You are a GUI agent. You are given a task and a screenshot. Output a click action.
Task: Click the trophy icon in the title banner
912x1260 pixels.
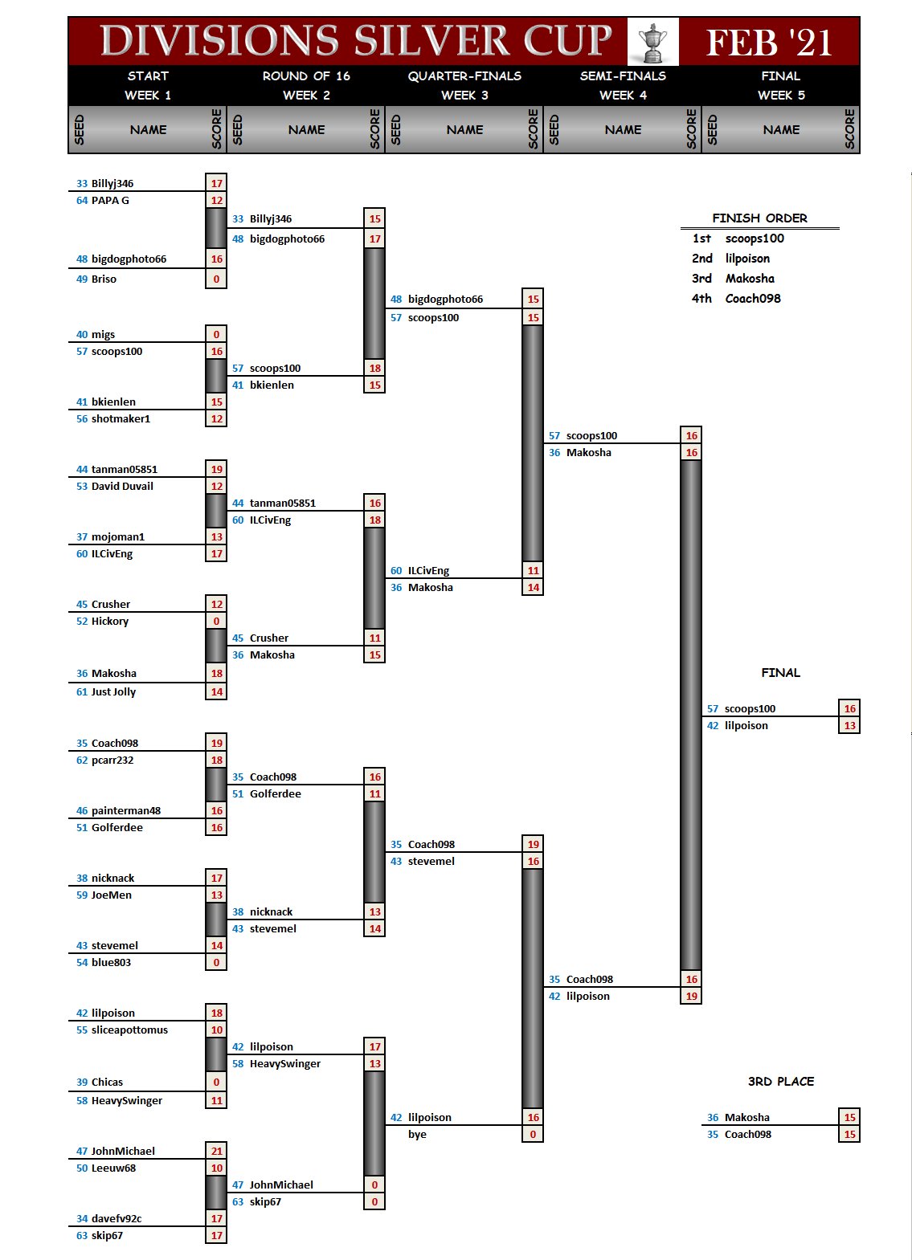point(652,42)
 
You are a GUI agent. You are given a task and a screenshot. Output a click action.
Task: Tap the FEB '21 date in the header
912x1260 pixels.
point(768,42)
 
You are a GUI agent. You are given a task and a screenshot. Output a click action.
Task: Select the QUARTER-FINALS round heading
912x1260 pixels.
point(464,76)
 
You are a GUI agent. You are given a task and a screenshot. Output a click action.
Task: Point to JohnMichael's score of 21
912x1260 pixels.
point(216,1151)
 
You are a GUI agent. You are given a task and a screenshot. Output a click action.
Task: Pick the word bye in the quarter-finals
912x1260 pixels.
point(417,1135)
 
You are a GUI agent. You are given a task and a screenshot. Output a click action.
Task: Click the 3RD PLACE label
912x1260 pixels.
point(780,1082)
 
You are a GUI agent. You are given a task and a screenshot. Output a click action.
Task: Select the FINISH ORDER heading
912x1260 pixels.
point(759,218)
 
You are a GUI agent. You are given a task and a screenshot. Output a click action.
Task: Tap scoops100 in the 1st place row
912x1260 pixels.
point(755,239)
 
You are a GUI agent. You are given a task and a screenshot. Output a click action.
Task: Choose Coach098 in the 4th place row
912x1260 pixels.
point(753,299)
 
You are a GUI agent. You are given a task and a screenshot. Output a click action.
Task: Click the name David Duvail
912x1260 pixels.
point(122,487)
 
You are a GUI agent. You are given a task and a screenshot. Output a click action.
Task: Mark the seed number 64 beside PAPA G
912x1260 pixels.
point(82,201)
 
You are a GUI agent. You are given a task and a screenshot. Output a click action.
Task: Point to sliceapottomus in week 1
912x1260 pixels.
point(129,1030)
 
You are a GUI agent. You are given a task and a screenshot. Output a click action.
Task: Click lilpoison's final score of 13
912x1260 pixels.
point(849,726)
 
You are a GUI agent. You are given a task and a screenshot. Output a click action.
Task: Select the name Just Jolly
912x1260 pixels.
point(113,692)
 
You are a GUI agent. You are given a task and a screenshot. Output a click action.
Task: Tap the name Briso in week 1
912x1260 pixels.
point(104,279)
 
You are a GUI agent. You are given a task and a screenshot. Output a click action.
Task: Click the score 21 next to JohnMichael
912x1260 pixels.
point(216,1151)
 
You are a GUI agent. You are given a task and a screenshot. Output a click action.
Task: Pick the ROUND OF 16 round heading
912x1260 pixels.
point(306,76)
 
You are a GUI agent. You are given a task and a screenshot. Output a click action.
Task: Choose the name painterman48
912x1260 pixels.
point(126,811)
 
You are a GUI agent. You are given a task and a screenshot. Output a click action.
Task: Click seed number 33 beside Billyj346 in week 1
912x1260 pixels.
point(82,184)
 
